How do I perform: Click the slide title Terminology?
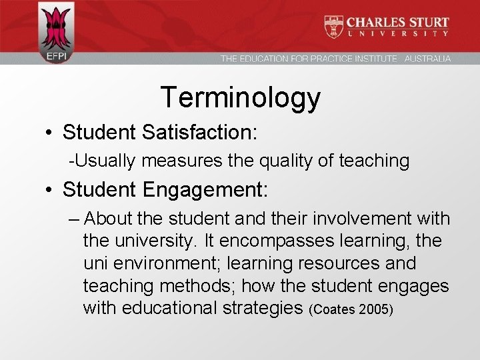[x=240, y=98]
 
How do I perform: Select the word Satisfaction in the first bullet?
[x=199, y=132]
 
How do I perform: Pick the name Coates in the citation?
[x=335, y=310]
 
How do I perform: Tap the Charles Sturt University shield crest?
[x=333, y=26]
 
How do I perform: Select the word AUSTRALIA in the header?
[x=427, y=59]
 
